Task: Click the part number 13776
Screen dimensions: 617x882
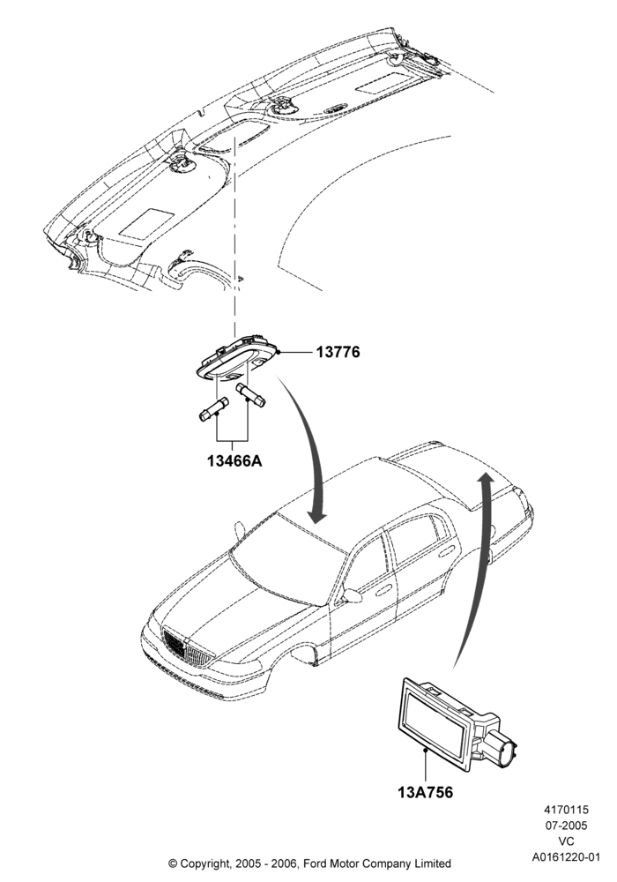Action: (x=338, y=352)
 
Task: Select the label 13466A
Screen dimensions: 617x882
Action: (x=234, y=460)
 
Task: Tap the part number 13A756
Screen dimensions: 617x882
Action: (x=426, y=792)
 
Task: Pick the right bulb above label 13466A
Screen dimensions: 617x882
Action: (x=250, y=394)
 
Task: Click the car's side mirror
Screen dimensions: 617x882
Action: (x=352, y=595)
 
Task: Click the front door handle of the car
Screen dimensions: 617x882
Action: (x=383, y=591)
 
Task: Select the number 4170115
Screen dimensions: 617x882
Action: (x=566, y=810)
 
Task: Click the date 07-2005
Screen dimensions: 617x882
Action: (x=566, y=826)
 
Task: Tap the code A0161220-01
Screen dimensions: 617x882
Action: (x=567, y=857)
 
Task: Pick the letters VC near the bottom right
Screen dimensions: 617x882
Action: (x=567, y=841)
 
